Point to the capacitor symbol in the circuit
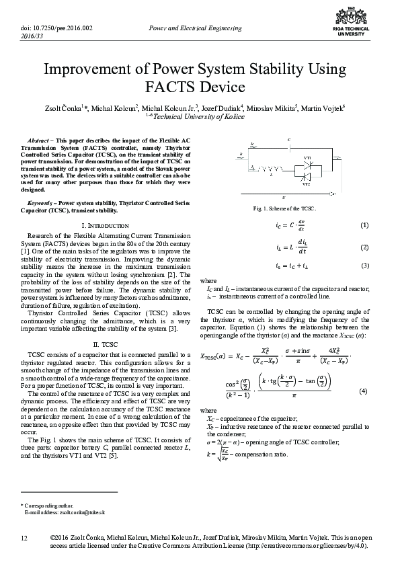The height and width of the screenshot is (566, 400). [x=288, y=145]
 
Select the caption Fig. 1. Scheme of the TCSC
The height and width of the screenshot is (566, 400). [x=284, y=208]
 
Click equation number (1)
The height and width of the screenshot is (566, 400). [x=364, y=225]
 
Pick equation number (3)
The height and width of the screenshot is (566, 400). [x=364, y=266]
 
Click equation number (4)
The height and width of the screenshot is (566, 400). [x=364, y=391]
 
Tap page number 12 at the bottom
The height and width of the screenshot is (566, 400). [x=25, y=538]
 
